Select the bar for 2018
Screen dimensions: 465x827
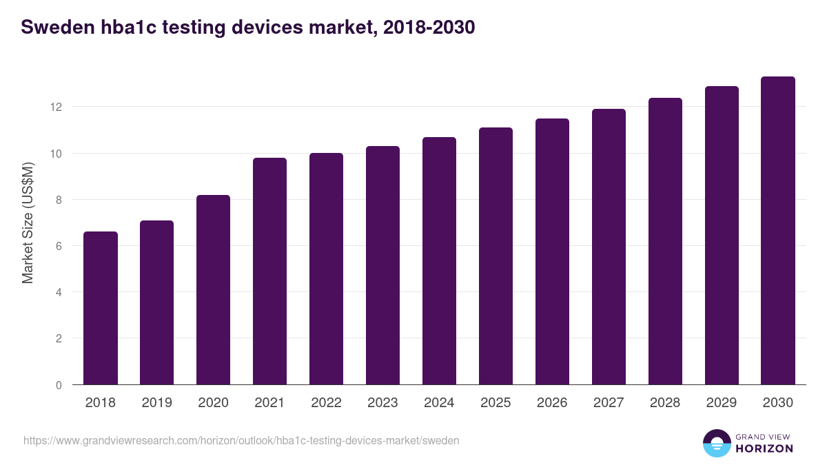[101, 308]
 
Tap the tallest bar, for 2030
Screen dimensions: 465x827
[778, 231]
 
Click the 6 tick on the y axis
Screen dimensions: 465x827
[59, 246]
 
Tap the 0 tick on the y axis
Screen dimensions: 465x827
[59, 385]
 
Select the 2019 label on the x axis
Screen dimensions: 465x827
[156, 403]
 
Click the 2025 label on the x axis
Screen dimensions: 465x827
[496, 403]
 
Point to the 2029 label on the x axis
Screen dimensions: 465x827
[722, 403]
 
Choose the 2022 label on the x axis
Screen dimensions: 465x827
[326, 403]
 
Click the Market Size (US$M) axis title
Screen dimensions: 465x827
[28, 223]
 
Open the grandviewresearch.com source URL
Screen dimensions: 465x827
[241, 440]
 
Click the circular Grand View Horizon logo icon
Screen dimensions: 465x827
[716, 443]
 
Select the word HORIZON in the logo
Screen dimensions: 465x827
[765, 448]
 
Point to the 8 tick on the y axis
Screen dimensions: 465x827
[59, 200]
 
